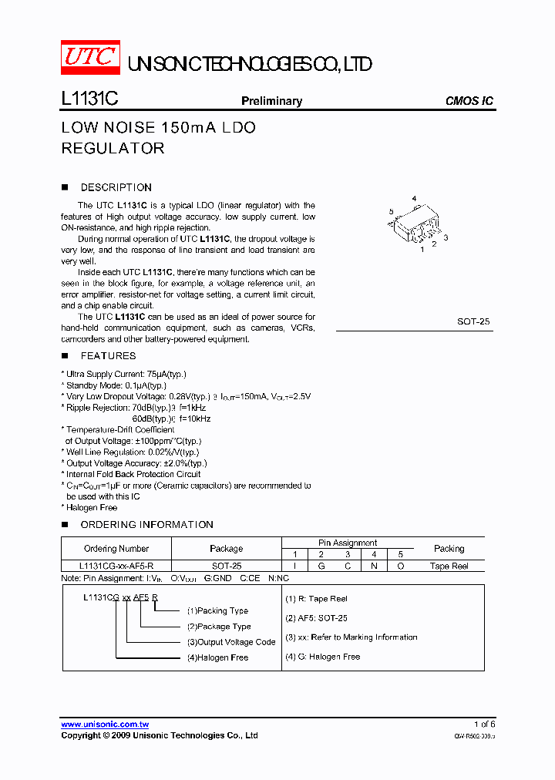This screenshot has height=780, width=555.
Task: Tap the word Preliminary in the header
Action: [x=271, y=101]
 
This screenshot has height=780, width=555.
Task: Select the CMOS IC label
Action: [x=469, y=101]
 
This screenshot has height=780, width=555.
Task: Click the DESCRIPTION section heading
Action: [x=116, y=187]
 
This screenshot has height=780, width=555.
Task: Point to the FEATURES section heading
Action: [x=108, y=355]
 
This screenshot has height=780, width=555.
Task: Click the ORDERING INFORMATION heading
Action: [x=146, y=524]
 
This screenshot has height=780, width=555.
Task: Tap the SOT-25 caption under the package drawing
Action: [x=473, y=321]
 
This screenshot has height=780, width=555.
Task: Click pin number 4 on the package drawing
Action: [x=414, y=200]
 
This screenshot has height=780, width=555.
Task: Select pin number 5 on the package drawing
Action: [x=392, y=211]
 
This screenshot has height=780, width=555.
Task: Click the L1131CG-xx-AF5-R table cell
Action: [x=116, y=566]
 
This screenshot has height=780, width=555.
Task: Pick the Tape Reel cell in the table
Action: [x=449, y=566]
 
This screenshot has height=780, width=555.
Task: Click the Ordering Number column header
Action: [x=116, y=549]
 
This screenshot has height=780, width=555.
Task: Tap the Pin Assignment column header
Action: [x=348, y=543]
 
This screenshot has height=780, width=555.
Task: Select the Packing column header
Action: [x=449, y=549]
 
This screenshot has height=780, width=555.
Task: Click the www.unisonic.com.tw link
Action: [x=105, y=725]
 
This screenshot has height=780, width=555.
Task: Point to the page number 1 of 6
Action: [x=484, y=725]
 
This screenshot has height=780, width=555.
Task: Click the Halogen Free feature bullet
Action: [x=91, y=508]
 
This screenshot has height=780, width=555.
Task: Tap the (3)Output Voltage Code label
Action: [x=230, y=642]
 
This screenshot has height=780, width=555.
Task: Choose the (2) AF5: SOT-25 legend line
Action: [x=316, y=618]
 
